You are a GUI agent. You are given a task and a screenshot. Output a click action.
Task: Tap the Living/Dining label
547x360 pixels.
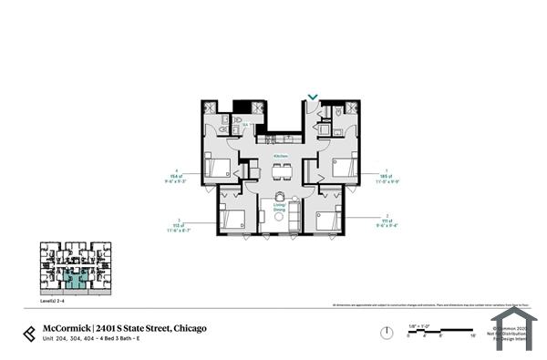tap(280, 209)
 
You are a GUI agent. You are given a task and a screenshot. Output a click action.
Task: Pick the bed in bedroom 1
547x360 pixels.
tap(343, 169)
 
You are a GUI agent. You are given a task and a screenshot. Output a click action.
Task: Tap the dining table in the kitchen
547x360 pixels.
tap(280, 170)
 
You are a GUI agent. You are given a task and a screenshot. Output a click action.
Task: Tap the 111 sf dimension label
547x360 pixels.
tap(387, 220)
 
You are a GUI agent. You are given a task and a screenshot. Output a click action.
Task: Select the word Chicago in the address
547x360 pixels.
tap(189, 327)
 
